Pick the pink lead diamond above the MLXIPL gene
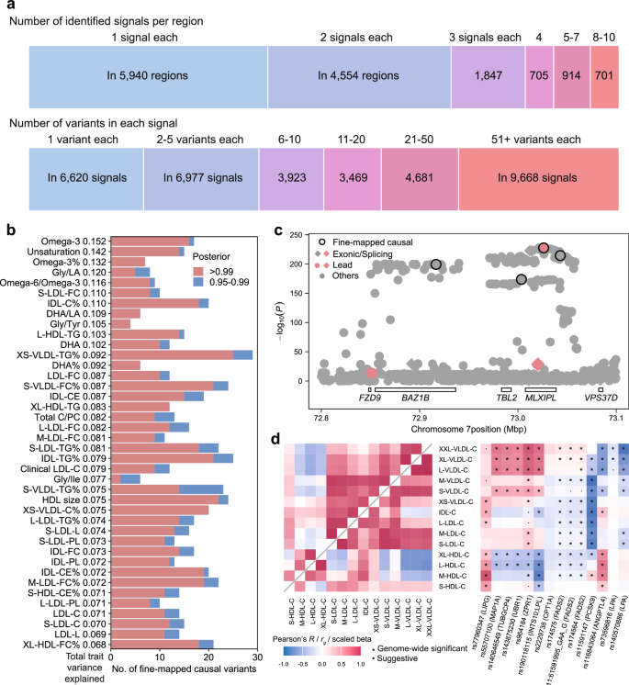pyautogui.click(x=538, y=365)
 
